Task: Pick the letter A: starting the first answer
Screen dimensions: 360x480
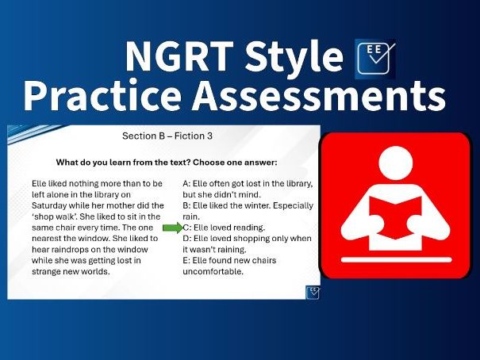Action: [186, 183]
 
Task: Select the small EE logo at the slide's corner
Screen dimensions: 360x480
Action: [313, 292]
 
